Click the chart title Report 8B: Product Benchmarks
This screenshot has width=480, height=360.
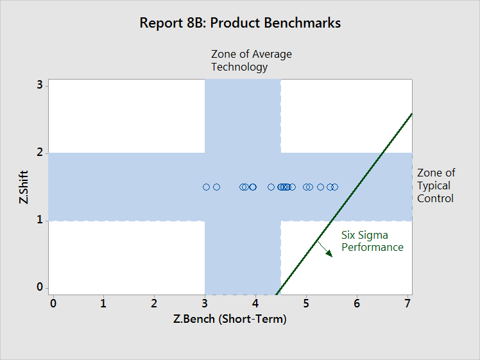pos(240,23)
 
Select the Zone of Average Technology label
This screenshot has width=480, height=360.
pos(252,60)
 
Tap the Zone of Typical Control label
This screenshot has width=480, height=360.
pos(436,185)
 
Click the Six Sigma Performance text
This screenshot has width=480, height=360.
pos(372,241)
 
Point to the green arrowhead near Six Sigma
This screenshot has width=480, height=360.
pos(329,253)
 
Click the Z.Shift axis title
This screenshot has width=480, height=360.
pos(24,187)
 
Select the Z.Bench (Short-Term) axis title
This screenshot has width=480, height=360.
pos(230,319)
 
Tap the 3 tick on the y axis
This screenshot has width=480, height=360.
pos(40,85)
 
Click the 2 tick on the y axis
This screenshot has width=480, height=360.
pos(40,152)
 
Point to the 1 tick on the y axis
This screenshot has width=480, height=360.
pos(40,219)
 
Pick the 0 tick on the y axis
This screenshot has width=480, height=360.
pos(40,287)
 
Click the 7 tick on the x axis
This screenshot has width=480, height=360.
pos(407,304)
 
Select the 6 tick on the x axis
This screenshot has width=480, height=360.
pos(357,304)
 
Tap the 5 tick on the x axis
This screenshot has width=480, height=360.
pos(306,304)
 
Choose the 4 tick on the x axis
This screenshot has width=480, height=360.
pos(255,304)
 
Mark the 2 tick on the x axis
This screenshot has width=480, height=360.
pos(154,304)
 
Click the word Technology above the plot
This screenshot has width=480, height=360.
pos(239,67)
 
